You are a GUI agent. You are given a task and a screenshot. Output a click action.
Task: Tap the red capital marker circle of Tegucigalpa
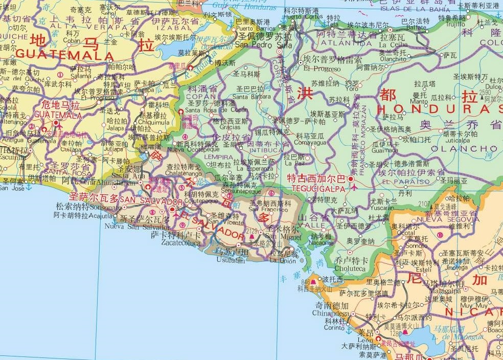tap(351, 179)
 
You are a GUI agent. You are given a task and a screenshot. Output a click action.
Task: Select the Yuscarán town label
tap(382, 208)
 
